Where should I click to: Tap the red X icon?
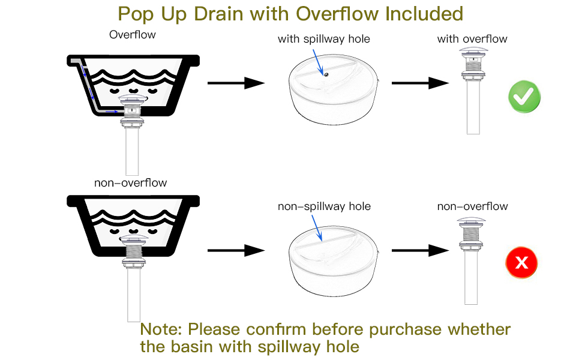click(x=521, y=262)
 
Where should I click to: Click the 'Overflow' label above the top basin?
click(x=132, y=35)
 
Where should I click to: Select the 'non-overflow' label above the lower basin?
click(x=130, y=182)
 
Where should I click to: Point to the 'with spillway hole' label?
click(x=323, y=39)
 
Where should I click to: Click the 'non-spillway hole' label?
click(x=324, y=206)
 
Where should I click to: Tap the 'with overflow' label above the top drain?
click(x=472, y=39)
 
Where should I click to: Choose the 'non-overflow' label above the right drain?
click(x=472, y=206)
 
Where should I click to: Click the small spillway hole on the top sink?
click(x=326, y=75)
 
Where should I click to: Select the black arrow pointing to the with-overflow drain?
click(x=420, y=83)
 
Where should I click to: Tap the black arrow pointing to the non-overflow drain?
click(x=420, y=250)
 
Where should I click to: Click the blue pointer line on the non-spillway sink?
click(x=317, y=228)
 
